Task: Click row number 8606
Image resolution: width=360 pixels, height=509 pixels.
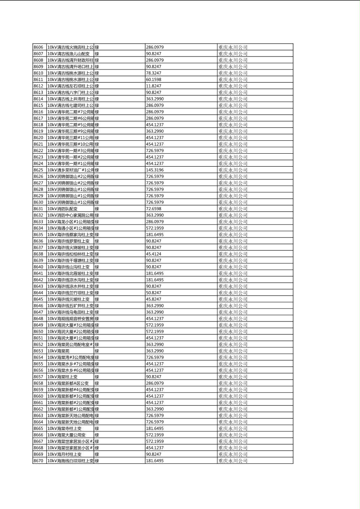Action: click(38, 47)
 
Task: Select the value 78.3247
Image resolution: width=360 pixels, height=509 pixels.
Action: click(153, 73)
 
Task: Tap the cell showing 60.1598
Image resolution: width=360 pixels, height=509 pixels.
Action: click(153, 79)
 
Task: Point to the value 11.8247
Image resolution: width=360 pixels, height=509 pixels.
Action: click(153, 86)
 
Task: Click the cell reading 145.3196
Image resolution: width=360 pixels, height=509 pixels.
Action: click(155, 170)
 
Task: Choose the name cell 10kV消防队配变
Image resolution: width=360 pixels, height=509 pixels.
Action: click(63, 209)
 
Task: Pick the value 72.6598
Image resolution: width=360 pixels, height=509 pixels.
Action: click(153, 209)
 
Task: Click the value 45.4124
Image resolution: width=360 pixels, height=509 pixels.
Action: click(153, 254)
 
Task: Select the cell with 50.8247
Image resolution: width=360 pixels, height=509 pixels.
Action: click(153, 293)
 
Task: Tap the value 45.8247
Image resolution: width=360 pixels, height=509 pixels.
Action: click(153, 299)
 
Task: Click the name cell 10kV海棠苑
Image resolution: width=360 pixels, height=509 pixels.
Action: click(59, 351)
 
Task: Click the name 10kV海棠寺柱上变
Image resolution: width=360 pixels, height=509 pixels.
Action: click(65, 428)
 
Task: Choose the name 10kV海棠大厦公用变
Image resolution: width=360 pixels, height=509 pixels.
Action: click(67, 435)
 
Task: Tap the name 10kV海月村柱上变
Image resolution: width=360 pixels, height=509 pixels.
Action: click(65, 454)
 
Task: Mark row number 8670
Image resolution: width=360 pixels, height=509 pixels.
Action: click(38, 461)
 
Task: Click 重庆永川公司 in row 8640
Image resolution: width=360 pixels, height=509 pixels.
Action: click(233, 267)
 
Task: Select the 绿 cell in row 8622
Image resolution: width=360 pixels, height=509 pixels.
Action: click(97, 150)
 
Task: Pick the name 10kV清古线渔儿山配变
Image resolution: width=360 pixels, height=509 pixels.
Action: click(69, 54)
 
